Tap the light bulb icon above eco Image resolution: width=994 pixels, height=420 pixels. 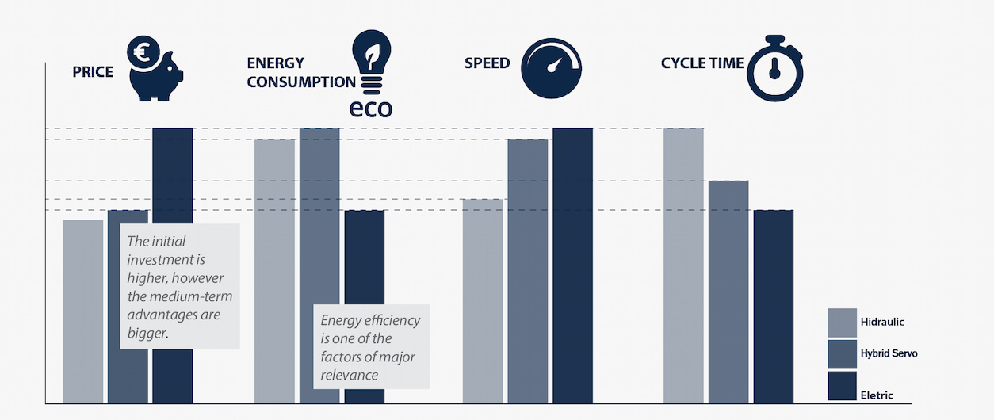tap(372, 60)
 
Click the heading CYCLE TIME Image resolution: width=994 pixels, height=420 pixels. tap(702, 63)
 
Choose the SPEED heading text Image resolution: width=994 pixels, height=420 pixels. tap(487, 63)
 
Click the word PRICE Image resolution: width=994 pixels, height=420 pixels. tap(93, 72)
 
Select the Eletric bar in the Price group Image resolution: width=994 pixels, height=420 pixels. tap(172, 174)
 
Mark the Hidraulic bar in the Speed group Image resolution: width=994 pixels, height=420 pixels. tap(483, 301)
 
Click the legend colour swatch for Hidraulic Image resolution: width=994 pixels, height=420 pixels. tap(842, 322)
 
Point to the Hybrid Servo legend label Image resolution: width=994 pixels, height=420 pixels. tap(889, 353)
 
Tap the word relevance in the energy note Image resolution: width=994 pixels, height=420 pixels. tap(350, 374)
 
